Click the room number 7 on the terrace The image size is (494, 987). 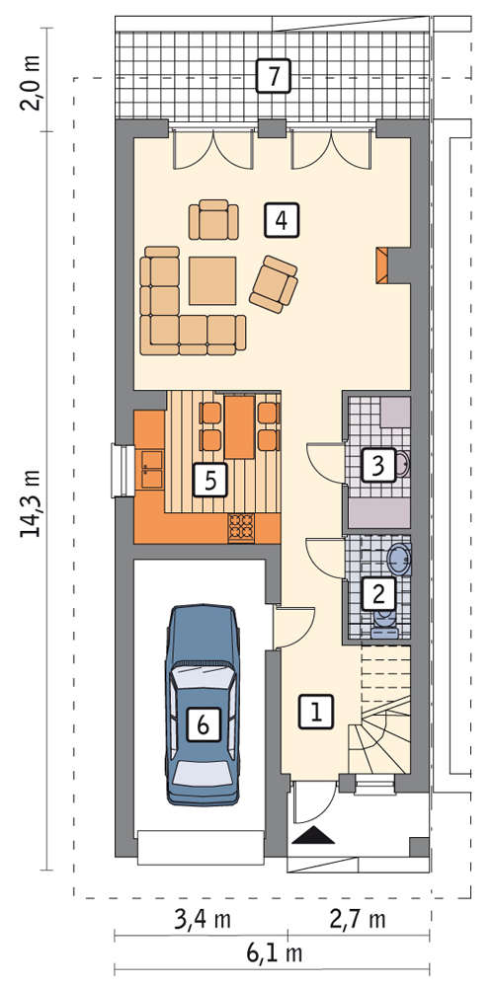click(273, 76)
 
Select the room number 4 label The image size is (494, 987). click(282, 220)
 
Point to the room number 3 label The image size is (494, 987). click(377, 466)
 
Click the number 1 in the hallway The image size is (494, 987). click(314, 712)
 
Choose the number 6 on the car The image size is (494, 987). click(203, 725)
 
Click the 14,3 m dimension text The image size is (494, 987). click(32, 503)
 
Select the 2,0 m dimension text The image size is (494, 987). click(31, 84)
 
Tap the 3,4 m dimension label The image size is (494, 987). click(202, 919)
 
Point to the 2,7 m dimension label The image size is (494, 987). click(358, 919)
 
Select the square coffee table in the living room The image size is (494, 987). click(212, 280)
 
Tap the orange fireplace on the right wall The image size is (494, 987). click(381, 265)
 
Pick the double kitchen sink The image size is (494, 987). click(150, 468)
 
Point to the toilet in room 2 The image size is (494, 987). click(382, 623)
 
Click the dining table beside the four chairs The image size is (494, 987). click(239, 426)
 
